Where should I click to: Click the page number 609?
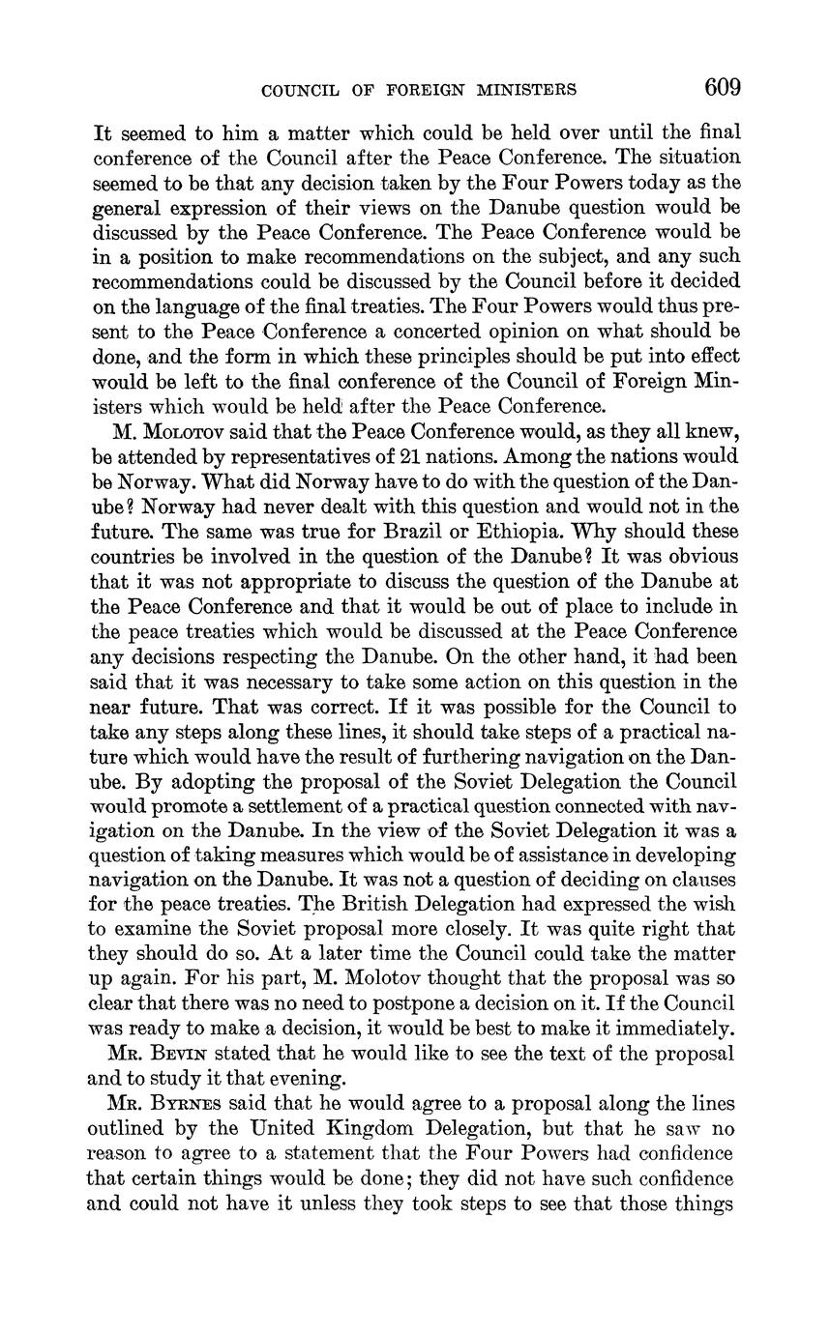(723, 89)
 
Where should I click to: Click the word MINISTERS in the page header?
(524, 91)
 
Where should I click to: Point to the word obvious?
(694, 557)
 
